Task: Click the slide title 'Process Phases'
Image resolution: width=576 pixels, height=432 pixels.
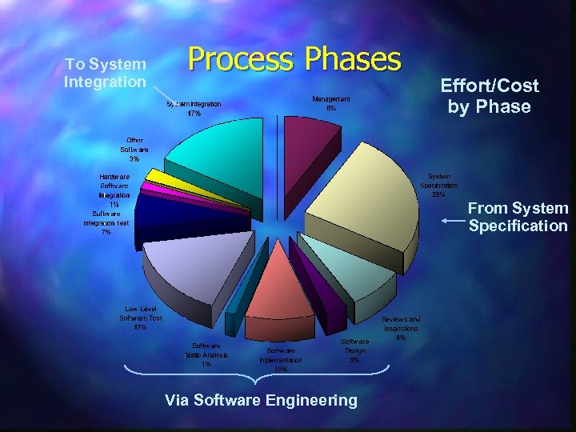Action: pyautogui.click(x=294, y=59)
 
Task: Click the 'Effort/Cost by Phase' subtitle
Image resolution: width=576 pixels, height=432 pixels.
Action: pyautogui.click(x=490, y=96)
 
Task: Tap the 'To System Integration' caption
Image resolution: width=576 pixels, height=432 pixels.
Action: pyautogui.click(x=106, y=73)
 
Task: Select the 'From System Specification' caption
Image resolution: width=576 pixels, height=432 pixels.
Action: pyautogui.click(x=518, y=217)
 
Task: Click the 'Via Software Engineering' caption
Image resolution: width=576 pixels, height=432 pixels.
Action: pyautogui.click(x=261, y=400)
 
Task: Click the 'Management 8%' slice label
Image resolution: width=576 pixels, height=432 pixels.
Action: pyautogui.click(x=331, y=103)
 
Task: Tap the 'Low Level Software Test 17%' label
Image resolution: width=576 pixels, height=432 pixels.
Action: pyautogui.click(x=142, y=318)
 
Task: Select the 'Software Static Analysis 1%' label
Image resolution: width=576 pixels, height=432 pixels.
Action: pyautogui.click(x=206, y=355)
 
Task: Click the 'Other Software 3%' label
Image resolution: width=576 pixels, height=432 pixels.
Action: pyautogui.click(x=134, y=150)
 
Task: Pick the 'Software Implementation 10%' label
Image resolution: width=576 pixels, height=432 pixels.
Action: pyautogui.click(x=281, y=360)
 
